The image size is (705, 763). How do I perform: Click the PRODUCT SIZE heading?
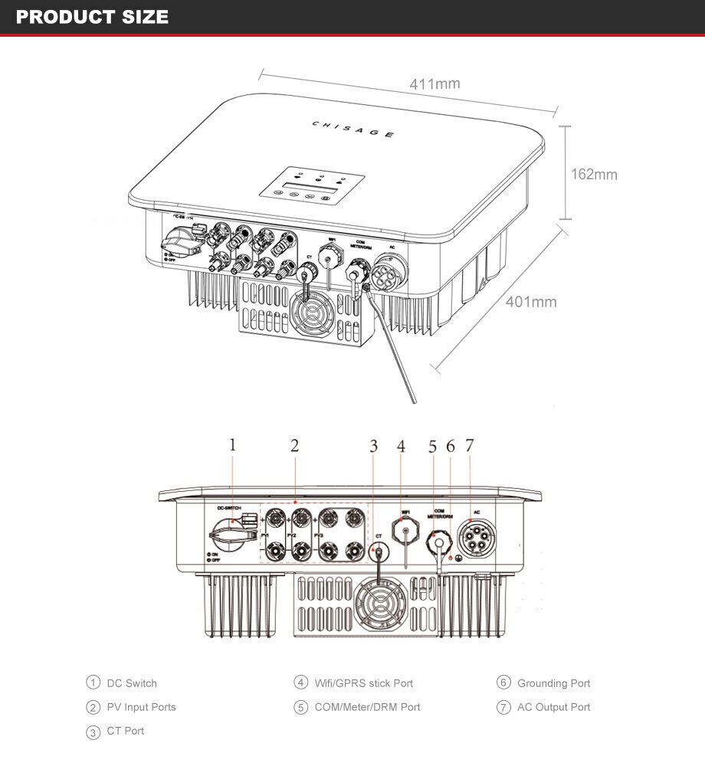92,17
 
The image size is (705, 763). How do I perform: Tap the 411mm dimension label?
434,84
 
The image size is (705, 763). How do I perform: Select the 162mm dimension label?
594,175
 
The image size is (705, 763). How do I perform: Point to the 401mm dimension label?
531,302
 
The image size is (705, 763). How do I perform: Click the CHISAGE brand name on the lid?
354,129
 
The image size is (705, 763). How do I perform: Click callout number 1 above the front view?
233,444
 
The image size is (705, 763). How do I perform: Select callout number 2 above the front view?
294,445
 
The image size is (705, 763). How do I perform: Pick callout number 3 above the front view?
373,446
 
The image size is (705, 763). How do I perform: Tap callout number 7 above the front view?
469,445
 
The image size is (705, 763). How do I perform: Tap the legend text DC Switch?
131,683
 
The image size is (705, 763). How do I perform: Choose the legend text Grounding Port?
553,683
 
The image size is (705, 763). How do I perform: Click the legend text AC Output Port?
553,707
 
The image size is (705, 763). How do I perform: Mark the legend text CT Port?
125,731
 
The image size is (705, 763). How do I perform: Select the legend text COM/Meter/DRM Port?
367,707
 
